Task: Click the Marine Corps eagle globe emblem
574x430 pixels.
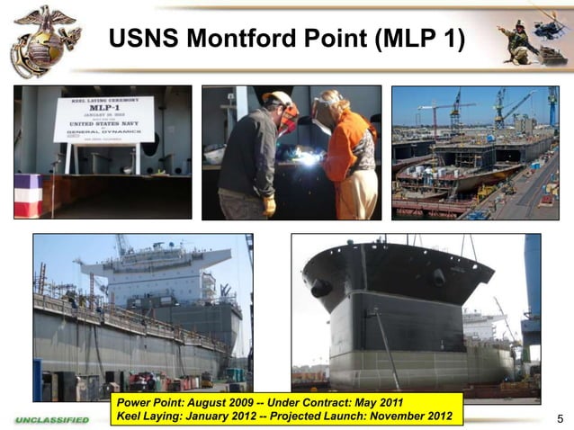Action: pyautogui.click(x=44, y=39)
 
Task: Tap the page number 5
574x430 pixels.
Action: pyautogui.click(x=560, y=417)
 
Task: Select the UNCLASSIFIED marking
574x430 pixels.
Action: pyautogui.click(x=52, y=419)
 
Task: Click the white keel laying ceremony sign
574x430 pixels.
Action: pyautogui.click(x=103, y=120)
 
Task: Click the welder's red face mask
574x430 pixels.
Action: pyautogui.click(x=289, y=120)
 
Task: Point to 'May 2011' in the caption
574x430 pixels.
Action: pyautogui.click(x=374, y=401)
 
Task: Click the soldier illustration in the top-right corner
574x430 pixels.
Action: pyautogui.click(x=519, y=41)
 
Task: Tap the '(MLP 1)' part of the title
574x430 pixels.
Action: pyautogui.click(x=416, y=40)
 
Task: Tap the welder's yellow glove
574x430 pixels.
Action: pyautogui.click(x=269, y=206)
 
